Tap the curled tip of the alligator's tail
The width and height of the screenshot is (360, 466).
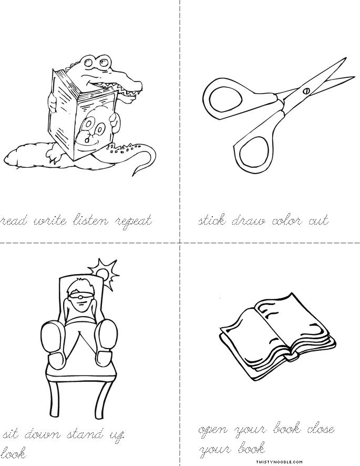point(141,169)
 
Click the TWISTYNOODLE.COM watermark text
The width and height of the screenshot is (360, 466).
point(332,461)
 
